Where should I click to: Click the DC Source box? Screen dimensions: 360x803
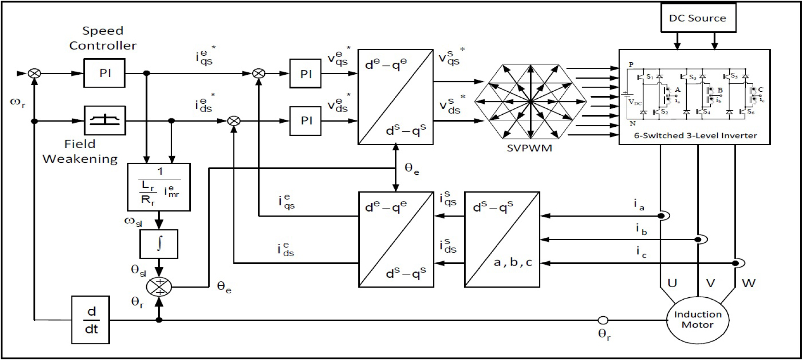click(x=698, y=18)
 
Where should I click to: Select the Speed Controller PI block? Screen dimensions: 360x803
click(x=104, y=73)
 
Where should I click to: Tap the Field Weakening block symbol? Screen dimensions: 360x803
click(x=105, y=120)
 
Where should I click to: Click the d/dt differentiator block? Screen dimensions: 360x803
click(x=91, y=320)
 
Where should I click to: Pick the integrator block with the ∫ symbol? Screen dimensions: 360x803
click(x=159, y=244)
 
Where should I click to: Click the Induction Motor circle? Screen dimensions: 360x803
click(x=697, y=319)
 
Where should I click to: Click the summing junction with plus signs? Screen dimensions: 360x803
click(x=159, y=287)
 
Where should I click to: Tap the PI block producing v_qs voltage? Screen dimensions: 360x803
click(x=306, y=73)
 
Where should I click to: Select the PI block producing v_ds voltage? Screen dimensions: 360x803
click(x=306, y=121)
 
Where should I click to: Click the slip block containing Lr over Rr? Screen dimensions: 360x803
click(x=159, y=187)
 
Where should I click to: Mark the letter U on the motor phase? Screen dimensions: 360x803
click(x=672, y=283)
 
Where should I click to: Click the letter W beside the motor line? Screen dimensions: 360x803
click(x=748, y=283)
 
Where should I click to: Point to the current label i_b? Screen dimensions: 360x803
click(x=641, y=229)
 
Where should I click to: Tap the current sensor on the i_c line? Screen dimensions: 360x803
click(x=737, y=263)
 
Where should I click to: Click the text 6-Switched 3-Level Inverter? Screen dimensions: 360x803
click(x=695, y=136)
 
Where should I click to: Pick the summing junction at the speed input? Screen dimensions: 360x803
click(x=34, y=73)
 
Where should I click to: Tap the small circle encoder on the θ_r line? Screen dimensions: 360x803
click(x=602, y=320)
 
